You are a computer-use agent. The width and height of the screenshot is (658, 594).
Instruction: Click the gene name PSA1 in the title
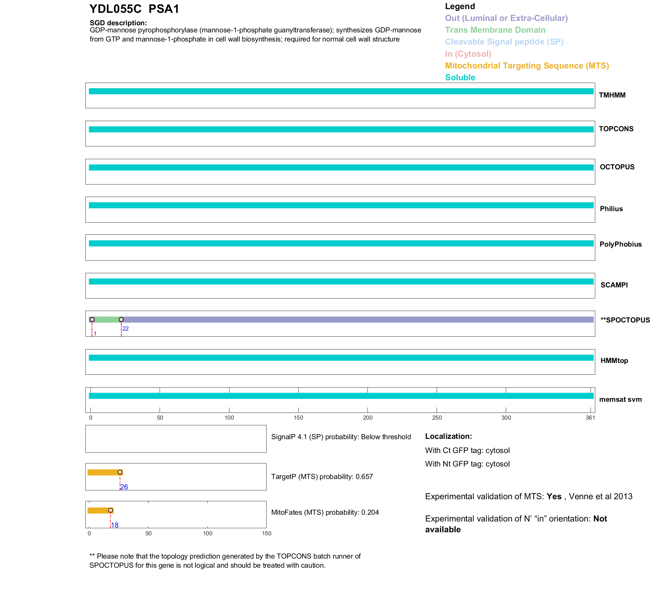164,9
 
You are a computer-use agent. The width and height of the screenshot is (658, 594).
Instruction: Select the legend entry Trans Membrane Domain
495,30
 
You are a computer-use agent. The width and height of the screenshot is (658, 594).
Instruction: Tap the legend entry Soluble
460,78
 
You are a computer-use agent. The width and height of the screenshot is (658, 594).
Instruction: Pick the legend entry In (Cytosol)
468,54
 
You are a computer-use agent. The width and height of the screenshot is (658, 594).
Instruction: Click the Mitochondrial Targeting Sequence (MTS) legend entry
527,66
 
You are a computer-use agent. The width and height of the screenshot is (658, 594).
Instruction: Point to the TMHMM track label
612,95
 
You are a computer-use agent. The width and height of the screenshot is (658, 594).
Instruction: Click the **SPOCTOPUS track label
625,320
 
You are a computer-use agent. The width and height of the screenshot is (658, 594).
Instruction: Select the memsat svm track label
620,399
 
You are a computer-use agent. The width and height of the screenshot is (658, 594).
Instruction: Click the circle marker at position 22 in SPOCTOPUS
121,319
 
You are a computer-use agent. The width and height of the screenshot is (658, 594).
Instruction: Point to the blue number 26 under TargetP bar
124,487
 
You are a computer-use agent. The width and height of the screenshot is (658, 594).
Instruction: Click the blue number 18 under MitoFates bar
115,525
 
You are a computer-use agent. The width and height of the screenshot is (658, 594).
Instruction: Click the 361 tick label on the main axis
590,418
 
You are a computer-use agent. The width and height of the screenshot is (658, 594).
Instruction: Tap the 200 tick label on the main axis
368,418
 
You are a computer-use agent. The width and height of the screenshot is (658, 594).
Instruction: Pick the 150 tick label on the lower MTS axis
267,534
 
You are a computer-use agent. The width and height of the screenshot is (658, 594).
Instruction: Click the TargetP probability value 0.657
364,477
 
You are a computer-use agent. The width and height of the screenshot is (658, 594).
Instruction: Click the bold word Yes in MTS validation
554,497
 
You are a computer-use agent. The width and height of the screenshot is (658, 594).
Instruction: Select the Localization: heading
448,436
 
